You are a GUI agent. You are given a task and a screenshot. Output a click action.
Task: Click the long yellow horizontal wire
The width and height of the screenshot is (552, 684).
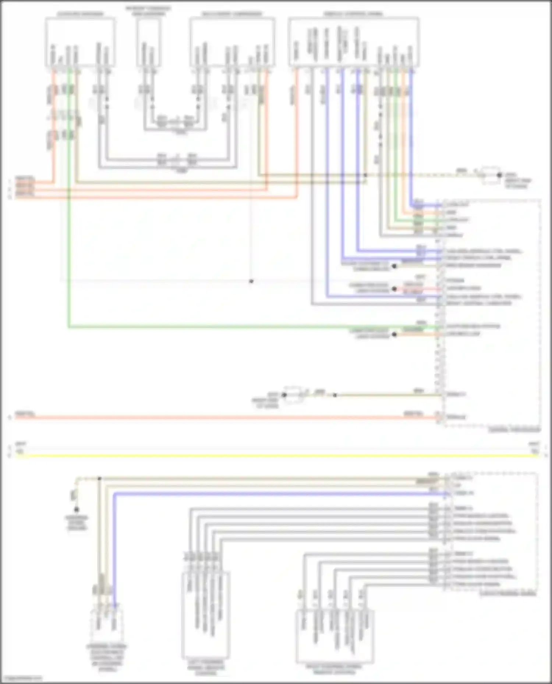276,456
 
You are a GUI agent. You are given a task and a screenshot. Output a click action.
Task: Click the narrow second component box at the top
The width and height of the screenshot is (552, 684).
149,42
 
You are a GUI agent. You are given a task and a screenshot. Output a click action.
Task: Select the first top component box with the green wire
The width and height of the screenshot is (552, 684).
80,42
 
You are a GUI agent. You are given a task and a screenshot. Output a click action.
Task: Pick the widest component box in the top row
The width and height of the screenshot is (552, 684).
353,42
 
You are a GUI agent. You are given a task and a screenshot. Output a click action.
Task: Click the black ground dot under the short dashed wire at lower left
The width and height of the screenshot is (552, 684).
77,509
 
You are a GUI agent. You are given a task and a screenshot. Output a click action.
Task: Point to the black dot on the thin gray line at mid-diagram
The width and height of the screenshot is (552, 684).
251,282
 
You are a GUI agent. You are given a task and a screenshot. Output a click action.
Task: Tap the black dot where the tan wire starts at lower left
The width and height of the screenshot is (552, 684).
99,479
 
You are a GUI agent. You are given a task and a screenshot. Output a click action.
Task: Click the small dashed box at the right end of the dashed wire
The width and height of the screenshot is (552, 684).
489,175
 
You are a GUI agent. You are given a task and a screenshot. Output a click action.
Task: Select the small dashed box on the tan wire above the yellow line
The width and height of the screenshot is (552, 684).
293,395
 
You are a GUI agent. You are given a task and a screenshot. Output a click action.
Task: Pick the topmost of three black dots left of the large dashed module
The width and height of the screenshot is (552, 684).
394,266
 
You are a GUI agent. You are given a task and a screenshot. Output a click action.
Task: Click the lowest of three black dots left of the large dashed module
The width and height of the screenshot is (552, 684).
394,334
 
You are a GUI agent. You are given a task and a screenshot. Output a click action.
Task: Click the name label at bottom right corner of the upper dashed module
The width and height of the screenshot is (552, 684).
514,430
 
